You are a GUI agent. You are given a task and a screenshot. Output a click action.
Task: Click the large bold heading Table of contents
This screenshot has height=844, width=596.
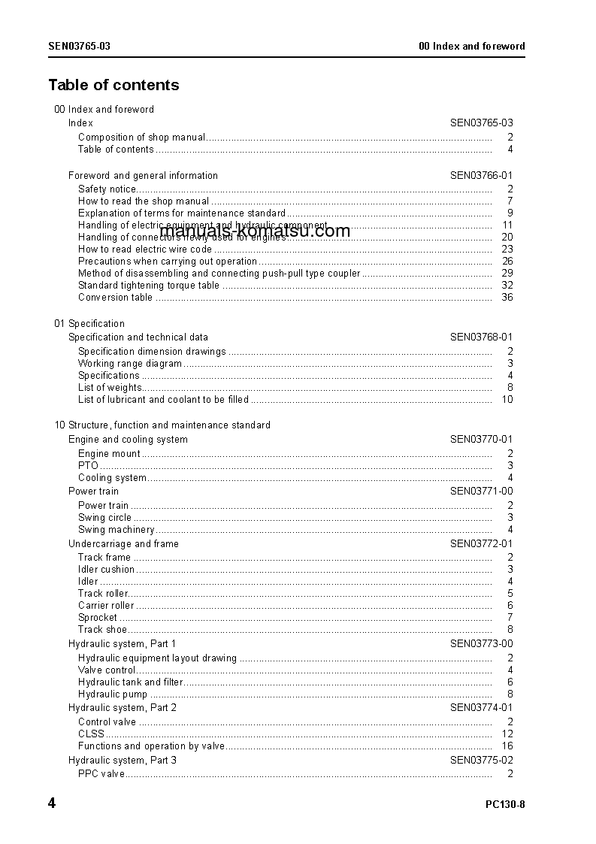click(x=113, y=85)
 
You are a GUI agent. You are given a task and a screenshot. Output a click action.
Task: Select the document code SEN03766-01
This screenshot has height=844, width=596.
click(x=481, y=175)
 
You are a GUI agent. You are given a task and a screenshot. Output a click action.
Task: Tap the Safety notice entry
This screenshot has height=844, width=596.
click(x=107, y=189)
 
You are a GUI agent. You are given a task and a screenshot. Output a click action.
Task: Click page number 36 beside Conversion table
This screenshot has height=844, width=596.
click(x=507, y=297)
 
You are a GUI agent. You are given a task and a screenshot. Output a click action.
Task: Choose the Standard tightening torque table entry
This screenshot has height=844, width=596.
click(x=149, y=285)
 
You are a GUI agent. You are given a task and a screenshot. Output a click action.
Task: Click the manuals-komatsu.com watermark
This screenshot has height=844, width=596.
click(x=255, y=231)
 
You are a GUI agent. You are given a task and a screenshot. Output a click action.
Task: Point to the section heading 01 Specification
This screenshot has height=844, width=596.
click(x=89, y=323)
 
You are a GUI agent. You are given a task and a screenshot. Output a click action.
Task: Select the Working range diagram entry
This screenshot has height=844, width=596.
click(x=130, y=363)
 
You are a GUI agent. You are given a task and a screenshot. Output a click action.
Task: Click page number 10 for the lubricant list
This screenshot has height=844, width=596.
click(x=507, y=399)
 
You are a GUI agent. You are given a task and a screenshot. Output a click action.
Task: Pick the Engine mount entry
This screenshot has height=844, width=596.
click(x=109, y=453)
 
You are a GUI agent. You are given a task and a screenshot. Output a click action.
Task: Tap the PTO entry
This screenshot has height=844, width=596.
click(x=88, y=465)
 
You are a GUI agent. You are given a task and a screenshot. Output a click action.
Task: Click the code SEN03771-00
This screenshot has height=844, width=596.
click(x=481, y=491)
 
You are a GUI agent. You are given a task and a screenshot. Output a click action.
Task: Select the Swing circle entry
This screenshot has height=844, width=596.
click(x=104, y=517)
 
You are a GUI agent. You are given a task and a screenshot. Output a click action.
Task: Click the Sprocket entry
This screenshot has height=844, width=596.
click(x=98, y=617)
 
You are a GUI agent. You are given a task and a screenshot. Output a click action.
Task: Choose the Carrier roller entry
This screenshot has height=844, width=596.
click(x=106, y=605)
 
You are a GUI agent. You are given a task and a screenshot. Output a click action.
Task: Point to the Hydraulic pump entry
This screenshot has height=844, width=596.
click(x=113, y=694)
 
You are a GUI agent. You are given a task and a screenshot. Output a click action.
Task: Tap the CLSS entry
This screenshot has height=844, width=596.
click(x=91, y=734)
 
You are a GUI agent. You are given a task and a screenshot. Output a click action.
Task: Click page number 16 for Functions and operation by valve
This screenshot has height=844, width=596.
click(x=507, y=746)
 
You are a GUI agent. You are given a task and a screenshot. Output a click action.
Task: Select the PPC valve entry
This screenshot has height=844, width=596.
click(x=101, y=773)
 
